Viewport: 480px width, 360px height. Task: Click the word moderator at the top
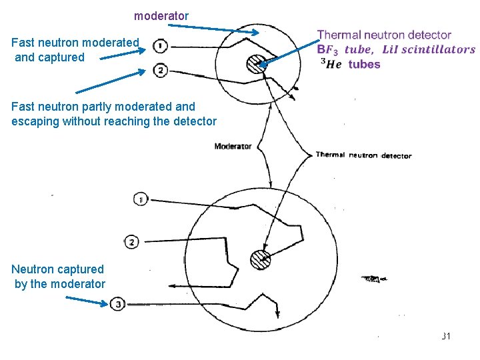click(161, 15)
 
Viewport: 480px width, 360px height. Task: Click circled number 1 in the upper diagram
click(160, 46)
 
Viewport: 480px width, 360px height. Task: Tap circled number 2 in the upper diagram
click(160, 70)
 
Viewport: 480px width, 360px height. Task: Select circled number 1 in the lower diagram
click(140, 199)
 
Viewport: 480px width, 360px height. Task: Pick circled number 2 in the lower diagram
click(131, 241)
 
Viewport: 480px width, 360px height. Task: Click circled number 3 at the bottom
click(117, 305)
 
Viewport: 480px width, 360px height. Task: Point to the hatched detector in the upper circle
click(255, 63)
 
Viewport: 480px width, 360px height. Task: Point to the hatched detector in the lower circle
click(259, 259)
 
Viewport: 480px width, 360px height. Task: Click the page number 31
click(446, 336)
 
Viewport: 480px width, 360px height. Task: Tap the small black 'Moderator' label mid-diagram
click(233, 146)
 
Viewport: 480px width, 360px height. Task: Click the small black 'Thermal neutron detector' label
click(363, 155)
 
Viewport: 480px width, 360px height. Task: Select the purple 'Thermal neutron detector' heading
click(384, 35)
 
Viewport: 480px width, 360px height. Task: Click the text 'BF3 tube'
click(345, 49)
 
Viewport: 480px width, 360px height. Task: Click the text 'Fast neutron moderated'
click(75, 43)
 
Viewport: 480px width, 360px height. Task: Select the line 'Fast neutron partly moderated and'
click(103, 106)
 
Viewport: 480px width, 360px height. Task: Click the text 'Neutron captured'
click(58, 269)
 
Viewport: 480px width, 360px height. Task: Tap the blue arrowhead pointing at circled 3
click(103, 304)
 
